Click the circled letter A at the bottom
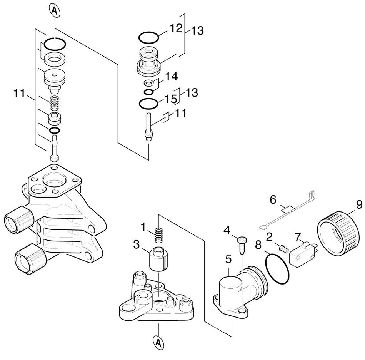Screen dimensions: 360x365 (158, 342)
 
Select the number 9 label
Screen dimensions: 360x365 (358, 204)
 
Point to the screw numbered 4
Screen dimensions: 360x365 (242, 244)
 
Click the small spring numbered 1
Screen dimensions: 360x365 (158, 235)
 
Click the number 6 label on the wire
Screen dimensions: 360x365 (273, 199)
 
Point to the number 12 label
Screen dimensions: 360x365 (175, 28)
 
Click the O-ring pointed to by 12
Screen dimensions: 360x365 (148, 38)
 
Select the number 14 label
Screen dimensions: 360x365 (172, 76)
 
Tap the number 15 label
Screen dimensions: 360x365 (170, 99)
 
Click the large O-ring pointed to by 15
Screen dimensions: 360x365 (148, 104)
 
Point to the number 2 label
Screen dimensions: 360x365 (270, 236)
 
